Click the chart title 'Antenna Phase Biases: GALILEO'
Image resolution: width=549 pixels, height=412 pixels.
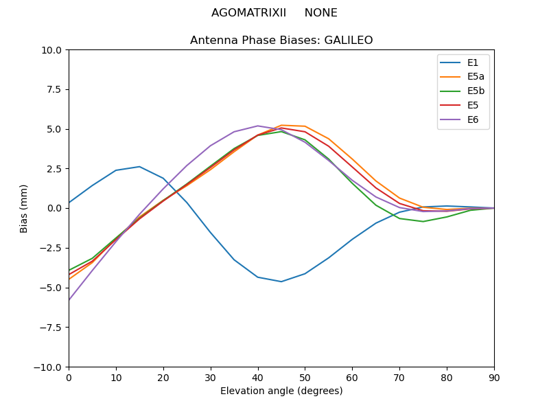click(281, 41)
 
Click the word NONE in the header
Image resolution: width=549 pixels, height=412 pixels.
click(321, 13)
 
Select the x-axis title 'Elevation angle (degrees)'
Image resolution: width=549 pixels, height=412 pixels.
click(281, 391)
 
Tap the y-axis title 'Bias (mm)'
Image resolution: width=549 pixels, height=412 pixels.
click(24, 208)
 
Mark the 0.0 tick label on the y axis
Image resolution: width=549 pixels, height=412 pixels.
click(54, 209)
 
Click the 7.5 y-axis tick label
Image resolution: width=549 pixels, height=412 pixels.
click(54, 90)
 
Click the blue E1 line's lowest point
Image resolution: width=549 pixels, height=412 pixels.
click(281, 282)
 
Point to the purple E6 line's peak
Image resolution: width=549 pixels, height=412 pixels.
click(258, 126)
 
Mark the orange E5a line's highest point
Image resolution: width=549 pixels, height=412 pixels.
click(281, 125)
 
